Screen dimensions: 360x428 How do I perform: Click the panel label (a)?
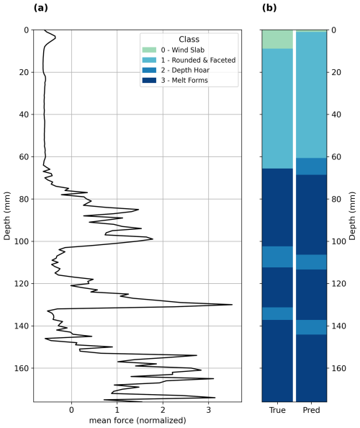(40, 8)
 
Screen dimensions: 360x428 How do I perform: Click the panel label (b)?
(269, 8)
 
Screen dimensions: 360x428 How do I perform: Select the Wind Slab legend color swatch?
(149, 50)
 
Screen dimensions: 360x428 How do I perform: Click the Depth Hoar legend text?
(185, 70)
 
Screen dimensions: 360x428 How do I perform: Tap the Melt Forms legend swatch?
(149, 80)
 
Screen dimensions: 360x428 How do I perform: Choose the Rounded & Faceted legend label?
(198, 60)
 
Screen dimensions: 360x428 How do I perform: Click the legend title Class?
(189, 40)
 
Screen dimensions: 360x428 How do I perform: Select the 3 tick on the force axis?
(209, 410)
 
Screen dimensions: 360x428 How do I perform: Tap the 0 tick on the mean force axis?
(72, 410)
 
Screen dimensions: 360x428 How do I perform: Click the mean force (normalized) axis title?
(138, 420)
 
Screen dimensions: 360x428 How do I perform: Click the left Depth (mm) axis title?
(6, 216)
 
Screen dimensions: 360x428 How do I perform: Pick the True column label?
(277, 410)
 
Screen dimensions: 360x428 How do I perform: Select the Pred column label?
(311, 410)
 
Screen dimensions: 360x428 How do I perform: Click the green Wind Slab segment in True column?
(277, 40)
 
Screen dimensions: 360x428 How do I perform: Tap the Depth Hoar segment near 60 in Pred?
(311, 166)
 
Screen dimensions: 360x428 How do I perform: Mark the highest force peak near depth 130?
(232, 304)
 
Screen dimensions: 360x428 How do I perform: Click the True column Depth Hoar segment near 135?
(277, 313)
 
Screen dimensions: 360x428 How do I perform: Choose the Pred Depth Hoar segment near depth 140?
(311, 327)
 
